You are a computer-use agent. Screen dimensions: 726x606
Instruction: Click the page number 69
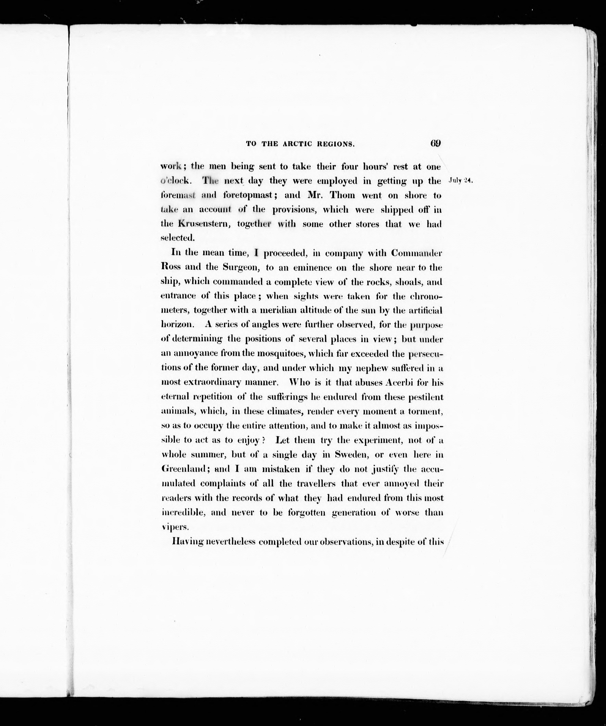click(x=435, y=143)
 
